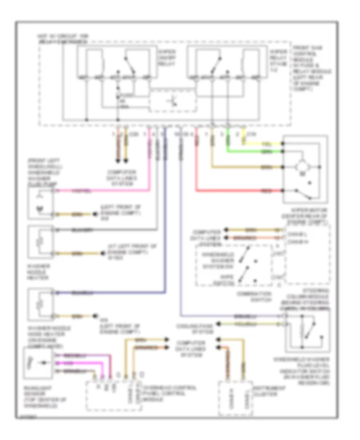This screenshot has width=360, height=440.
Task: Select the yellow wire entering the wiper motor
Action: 264,143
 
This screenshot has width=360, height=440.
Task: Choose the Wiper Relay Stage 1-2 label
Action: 278,56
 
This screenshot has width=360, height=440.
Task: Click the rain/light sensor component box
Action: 38,364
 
